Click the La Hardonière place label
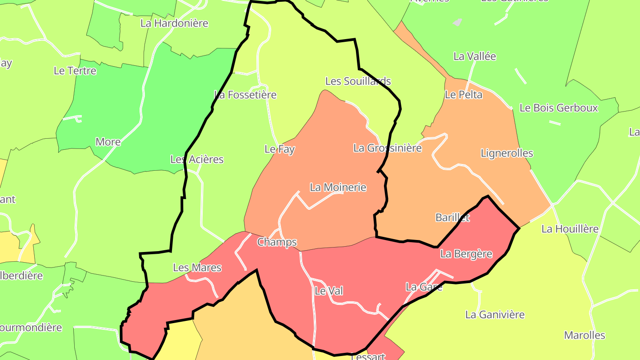click(174, 23)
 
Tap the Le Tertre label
click(75, 70)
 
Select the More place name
click(108, 142)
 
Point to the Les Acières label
click(197, 159)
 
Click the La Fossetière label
click(245, 95)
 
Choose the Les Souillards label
click(358, 81)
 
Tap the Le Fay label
click(280, 149)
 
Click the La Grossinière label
click(388, 148)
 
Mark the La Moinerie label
click(338, 187)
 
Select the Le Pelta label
click(464, 95)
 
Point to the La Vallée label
click(475, 56)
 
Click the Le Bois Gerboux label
click(559, 108)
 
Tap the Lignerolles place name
click(507, 153)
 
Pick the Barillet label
click(452, 218)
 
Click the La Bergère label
click(466, 254)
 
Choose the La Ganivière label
click(495, 315)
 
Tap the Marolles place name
click(585, 335)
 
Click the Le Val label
click(328, 291)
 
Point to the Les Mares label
click(197, 268)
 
